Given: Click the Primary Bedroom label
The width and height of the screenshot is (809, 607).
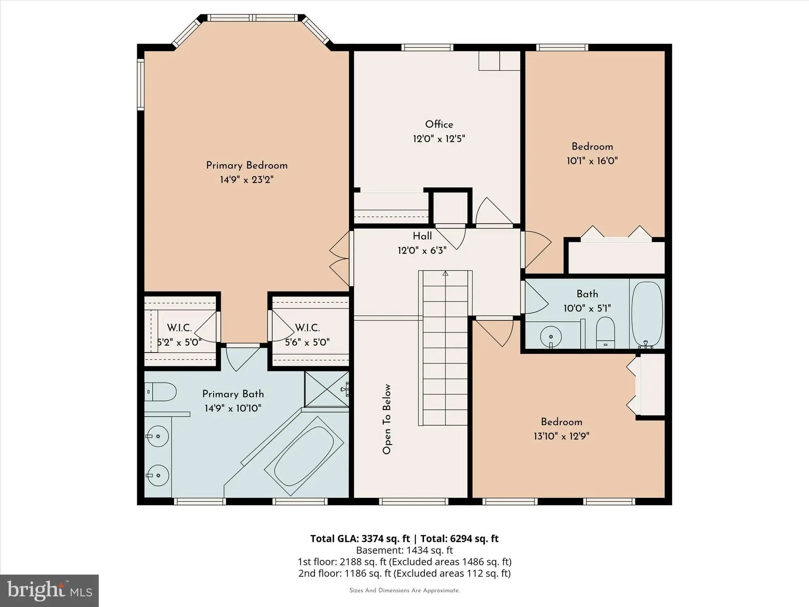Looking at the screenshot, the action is point(247,166).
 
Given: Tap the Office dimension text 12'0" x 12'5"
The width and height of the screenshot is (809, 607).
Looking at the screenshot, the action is point(439,139).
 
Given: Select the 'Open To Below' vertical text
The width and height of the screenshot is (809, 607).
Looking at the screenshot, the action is point(387,419).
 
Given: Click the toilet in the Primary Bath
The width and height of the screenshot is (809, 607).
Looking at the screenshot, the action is point(160,392).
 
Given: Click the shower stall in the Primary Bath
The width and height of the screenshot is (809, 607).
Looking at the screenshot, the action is point(327,389).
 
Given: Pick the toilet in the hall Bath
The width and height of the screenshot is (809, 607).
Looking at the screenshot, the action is point(605,333).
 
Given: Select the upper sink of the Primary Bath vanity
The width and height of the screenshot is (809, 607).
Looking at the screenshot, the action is point(158,436).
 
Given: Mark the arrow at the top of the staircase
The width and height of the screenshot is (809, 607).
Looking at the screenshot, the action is point(446,273).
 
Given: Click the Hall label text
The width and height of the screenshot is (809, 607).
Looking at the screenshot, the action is point(422,236).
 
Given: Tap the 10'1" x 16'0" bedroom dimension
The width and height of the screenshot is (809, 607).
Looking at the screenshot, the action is point(592,161).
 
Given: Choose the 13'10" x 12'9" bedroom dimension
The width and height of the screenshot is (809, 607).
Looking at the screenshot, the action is point(561,436).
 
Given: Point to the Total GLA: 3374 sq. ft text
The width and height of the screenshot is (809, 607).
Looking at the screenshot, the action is point(360,539).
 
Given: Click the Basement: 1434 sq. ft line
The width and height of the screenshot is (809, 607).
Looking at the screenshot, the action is point(404,550).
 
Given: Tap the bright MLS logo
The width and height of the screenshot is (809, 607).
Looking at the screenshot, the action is point(49,590).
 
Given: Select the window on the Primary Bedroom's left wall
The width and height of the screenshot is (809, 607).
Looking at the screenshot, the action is point(141,84).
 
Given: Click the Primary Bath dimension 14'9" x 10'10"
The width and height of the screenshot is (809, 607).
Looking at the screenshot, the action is point(233,408).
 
